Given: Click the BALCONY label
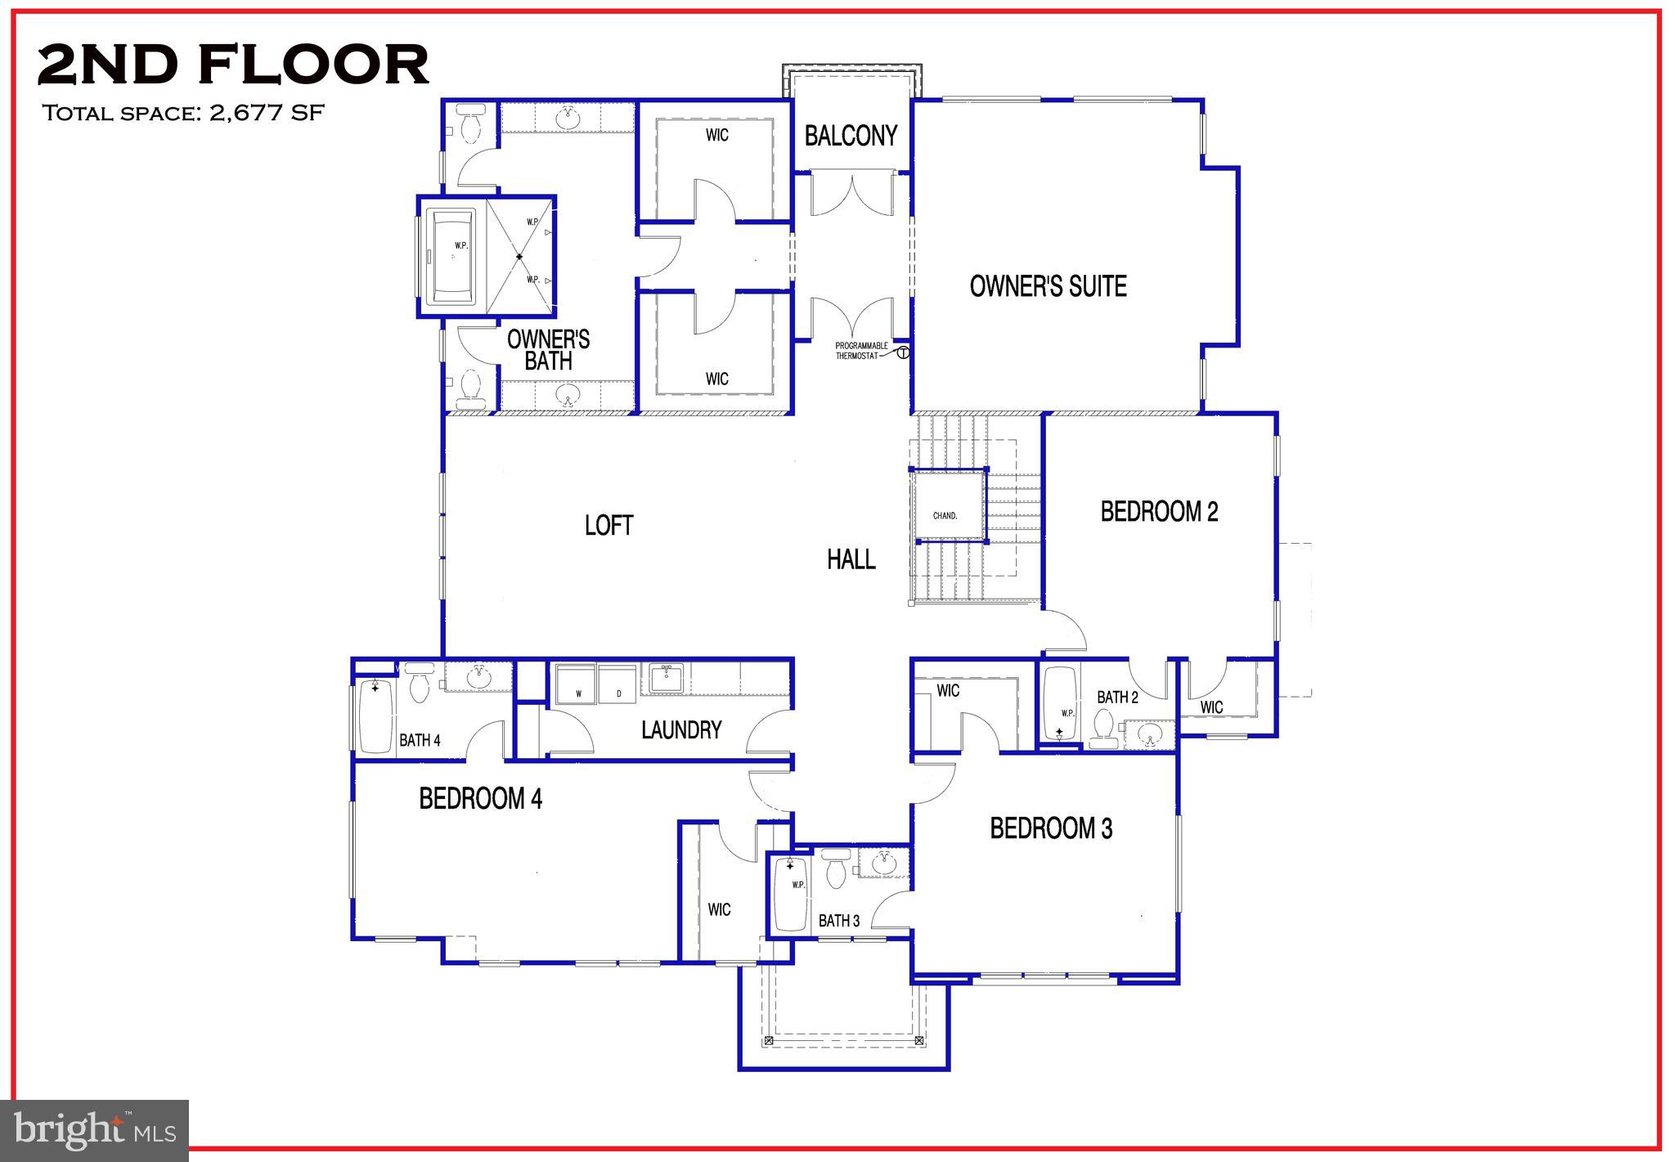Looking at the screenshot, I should [x=851, y=136].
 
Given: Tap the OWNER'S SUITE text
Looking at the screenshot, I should [x=1048, y=286].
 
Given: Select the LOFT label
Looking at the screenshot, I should [x=608, y=525].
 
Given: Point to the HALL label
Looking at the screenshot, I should [x=851, y=559].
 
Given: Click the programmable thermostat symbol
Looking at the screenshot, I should [x=903, y=353].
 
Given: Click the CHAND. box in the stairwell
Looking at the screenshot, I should [x=946, y=515].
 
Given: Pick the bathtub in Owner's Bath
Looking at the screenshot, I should [x=452, y=255].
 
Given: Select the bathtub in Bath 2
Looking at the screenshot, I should [x=1060, y=702].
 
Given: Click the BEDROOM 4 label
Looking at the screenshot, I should [x=480, y=798].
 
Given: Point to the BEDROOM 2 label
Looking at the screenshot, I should [x=1159, y=512].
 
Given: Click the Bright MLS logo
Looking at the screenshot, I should [x=95, y=1131].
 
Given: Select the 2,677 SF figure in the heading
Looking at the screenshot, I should [x=267, y=112].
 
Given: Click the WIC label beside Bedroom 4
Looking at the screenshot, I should [x=719, y=909].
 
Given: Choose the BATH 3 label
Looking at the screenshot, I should [x=838, y=921].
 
